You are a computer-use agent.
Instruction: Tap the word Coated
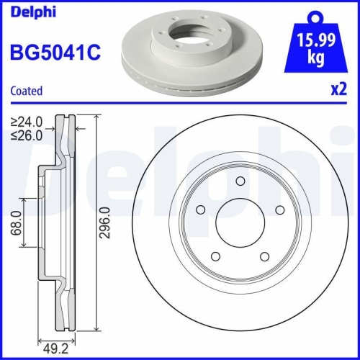(27, 91)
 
